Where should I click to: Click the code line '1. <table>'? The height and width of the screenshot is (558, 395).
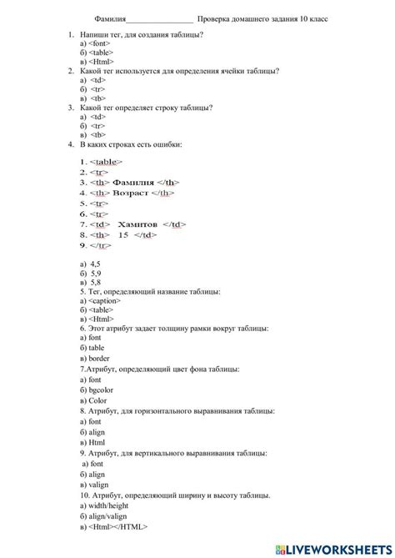101,162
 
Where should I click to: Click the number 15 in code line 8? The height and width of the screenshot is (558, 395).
122,235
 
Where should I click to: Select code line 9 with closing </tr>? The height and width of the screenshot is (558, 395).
96,246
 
